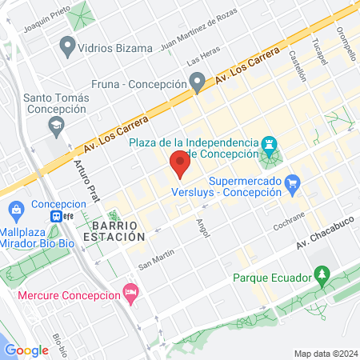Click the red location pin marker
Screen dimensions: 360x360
(x=180, y=166)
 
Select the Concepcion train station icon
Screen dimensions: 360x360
(x=58, y=217)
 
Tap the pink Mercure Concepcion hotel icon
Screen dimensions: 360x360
(x=130, y=294)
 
